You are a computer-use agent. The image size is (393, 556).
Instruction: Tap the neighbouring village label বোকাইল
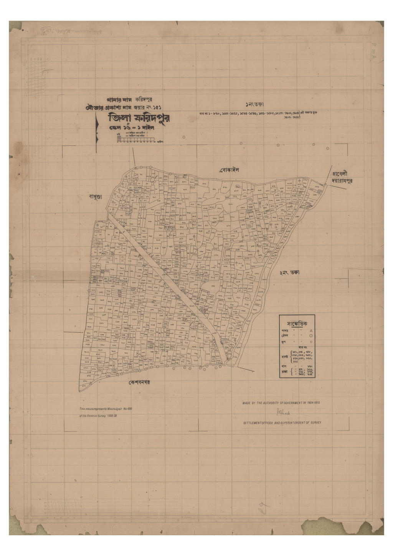tap(230, 170)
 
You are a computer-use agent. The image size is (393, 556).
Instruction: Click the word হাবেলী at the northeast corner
tap(340, 173)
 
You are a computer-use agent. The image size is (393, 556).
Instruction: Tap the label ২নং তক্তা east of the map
tap(289, 272)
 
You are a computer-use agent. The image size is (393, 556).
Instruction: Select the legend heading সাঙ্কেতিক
tap(297, 323)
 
